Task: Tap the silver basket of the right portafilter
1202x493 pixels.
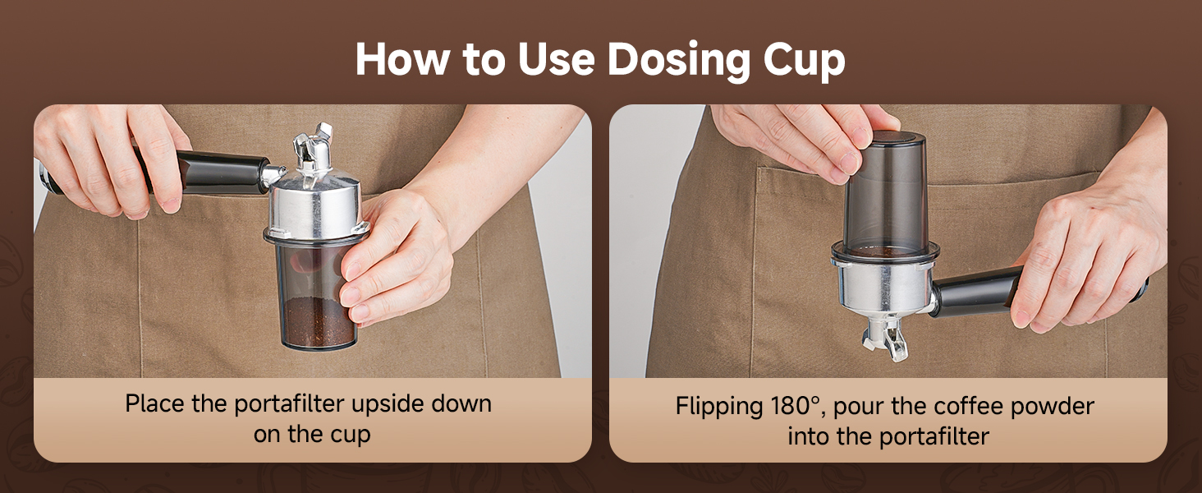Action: tap(883, 288)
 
